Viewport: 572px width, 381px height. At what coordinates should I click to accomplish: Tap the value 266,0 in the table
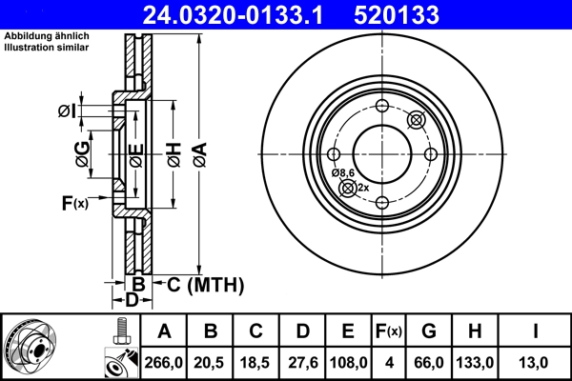coord(164,362)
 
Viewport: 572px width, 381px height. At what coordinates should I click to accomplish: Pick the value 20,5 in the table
coord(211,362)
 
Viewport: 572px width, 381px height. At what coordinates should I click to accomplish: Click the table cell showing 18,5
coord(256,362)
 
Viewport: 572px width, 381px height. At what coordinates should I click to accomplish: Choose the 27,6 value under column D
coord(302,362)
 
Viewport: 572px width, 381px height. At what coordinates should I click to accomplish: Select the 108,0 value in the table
coord(348,362)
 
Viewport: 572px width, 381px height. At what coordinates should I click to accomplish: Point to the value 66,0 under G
coord(430,362)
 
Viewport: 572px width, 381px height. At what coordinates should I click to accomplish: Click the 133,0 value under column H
coord(481,362)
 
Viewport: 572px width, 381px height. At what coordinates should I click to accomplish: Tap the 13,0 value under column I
coord(538,362)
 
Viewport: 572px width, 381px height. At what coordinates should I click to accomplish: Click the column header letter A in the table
coord(164,331)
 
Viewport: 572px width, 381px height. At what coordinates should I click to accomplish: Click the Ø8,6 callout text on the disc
coord(343,172)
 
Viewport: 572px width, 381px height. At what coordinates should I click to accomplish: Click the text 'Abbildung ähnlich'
coord(37,35)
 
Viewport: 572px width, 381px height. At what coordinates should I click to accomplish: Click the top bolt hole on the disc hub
coord(381,106)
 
